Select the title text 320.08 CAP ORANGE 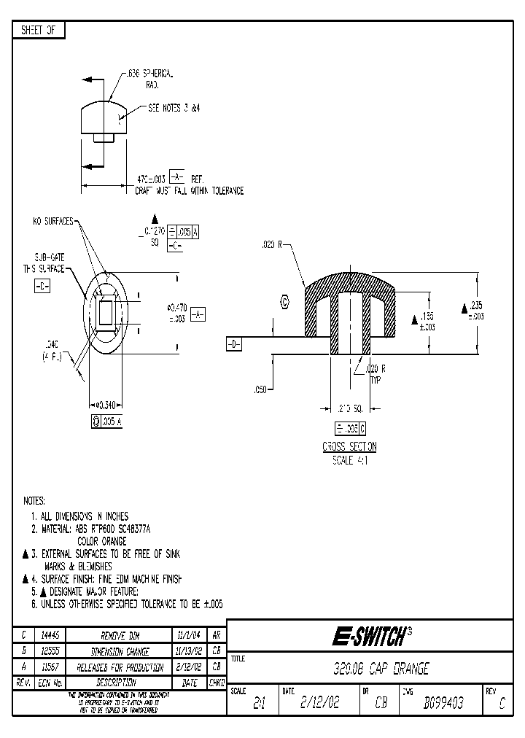point(376,669)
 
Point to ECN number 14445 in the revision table point(49,635)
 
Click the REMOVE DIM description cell point(118,635)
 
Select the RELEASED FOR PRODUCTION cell point(118,667)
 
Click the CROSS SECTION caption point(349,447)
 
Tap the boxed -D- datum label point(233,344)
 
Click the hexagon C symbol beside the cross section point(284,301)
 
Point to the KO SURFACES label point(52,221)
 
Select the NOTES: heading point(34,501)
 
